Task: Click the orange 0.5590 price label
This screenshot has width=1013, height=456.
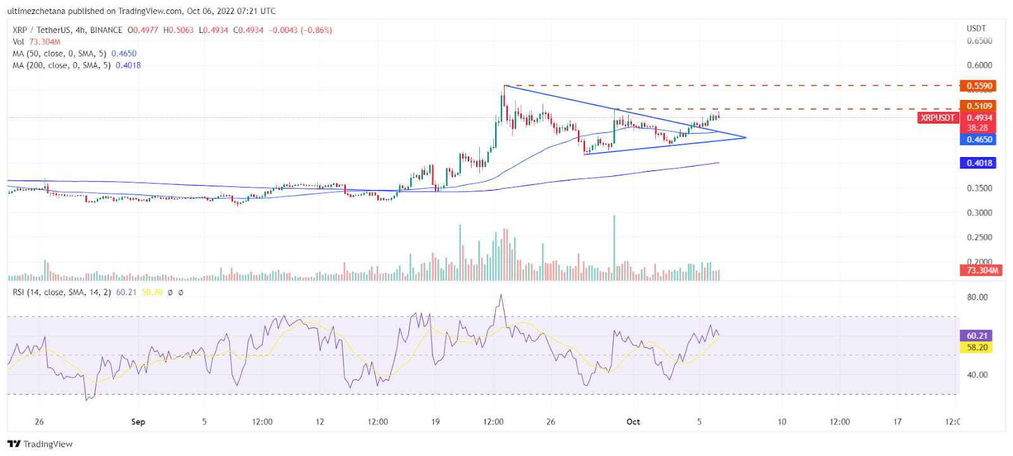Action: [x=978, y=85]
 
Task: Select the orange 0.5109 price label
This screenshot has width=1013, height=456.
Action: [x=978, y=106]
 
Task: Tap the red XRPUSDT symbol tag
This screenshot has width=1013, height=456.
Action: [x=938, y=118]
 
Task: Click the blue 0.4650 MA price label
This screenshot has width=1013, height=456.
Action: [x=978, y=139]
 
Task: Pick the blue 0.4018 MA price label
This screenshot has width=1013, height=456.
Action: [x=978, y=163]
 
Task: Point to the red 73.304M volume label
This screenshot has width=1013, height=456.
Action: [x=981, y=270]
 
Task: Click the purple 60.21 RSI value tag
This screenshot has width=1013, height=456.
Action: [x=976, y=336]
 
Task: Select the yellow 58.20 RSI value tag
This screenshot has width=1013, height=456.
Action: [x=976, y=347]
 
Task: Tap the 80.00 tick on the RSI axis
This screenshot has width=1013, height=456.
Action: [x=977, y=297]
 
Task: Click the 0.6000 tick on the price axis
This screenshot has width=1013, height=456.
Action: [x=979, y=65]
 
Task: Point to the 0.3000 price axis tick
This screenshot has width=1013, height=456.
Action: [x=979, y=213]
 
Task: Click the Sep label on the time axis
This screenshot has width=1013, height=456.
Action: [x=138, y=422]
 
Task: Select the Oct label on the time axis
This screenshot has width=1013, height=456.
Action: [x=633, y=422]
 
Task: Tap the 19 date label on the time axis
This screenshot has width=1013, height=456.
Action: [x=435, y=422]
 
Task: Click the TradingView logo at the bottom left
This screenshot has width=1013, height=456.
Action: [x=40, y=444]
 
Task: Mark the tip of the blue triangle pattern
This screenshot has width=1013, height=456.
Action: [x=746, y=137]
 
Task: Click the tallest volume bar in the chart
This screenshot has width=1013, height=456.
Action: [x=614, y=248]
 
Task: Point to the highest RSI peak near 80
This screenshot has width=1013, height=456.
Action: [x=501, y=294]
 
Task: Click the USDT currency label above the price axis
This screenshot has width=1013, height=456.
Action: [x=976, y=28]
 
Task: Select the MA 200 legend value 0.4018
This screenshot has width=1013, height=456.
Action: [x=129, y=65]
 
